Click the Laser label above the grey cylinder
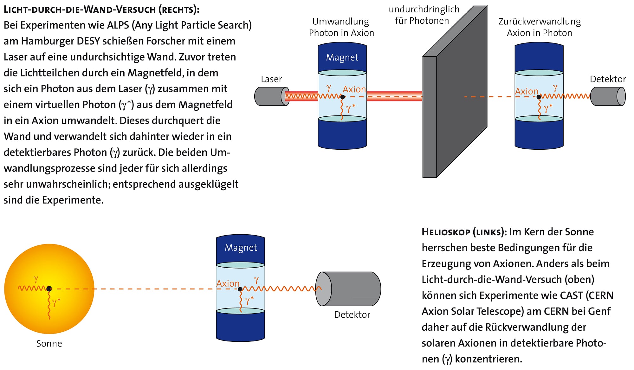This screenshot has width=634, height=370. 271,79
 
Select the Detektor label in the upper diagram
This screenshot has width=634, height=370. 608,79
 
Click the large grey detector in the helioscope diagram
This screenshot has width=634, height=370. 349,289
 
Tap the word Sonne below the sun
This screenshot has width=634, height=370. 49,343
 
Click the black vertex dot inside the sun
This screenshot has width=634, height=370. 49,289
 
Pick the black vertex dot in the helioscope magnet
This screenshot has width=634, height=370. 240,289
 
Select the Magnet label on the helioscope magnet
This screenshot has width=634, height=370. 241,247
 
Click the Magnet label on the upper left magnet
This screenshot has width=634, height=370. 342,57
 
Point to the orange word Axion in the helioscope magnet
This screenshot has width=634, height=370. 228,283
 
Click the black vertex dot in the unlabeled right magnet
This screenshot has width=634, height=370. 539,97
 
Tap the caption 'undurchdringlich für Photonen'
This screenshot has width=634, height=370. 424,15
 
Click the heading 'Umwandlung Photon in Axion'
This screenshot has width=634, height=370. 341,27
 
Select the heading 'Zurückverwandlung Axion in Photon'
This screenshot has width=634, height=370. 540,27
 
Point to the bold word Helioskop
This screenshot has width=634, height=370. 446,232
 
